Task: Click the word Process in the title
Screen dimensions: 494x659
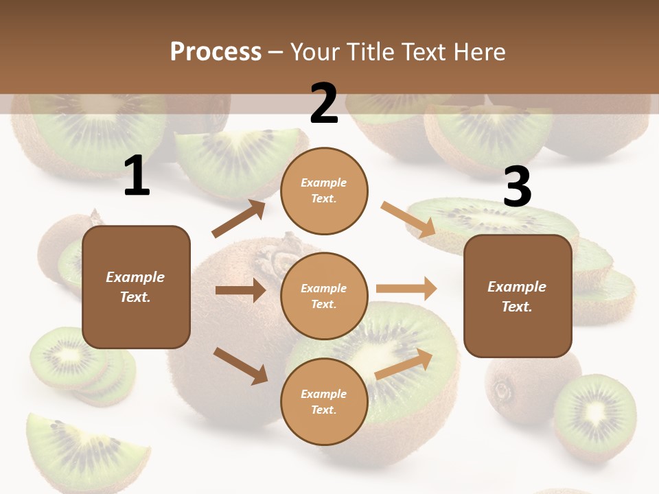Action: tap(216, 51)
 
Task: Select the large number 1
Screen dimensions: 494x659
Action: tap(137, 176)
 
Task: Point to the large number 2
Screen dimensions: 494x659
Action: tap(324, 104)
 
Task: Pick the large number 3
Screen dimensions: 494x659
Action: tap(517, 187)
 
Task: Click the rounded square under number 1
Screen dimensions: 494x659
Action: tap(136, 287)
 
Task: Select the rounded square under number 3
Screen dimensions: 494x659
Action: tap(518, 296)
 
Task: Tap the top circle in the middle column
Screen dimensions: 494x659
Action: tap(324, 191)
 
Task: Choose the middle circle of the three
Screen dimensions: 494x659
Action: tap(324, 296)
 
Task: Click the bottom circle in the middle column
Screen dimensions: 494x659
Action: tap(324, 401)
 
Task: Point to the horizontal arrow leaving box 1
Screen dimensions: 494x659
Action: tap(240, 290)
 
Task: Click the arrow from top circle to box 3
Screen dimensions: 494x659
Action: tap(408, 220)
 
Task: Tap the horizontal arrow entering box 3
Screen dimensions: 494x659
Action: tap(406, 288)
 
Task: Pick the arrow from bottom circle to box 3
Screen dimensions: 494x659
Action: tap(404, 364)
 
